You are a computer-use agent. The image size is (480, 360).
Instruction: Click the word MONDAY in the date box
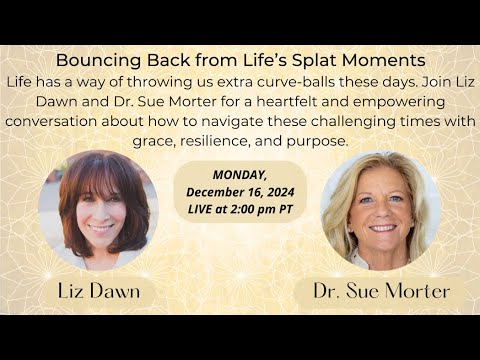(239, 172)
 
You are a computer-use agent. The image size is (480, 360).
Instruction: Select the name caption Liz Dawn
(99, 290)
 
